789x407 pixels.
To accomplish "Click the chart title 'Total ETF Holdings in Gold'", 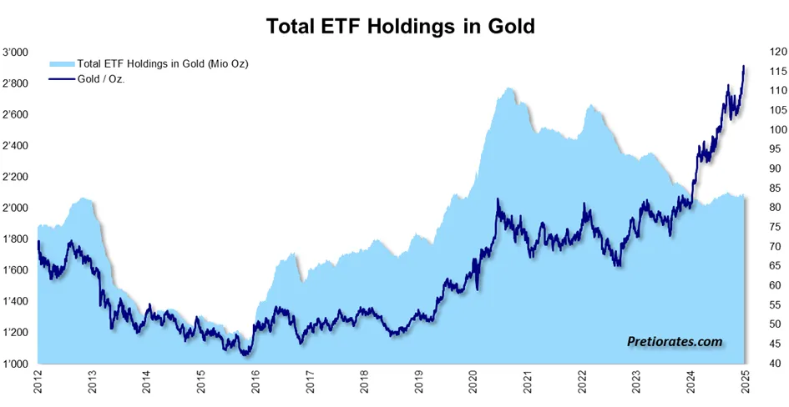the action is pos(400,26).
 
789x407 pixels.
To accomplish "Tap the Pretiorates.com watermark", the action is pos(675,342).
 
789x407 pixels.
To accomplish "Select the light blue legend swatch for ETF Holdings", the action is pos(63,64).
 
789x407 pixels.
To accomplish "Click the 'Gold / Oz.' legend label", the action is pos(101,78).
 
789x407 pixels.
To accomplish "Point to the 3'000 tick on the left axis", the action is pos(16,53).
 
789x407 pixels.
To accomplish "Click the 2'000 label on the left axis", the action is pos(16,208).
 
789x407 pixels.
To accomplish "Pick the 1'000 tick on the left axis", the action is pos(16,364).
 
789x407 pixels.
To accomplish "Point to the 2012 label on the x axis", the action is pos(38,382).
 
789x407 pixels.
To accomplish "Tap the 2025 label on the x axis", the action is pos(746,382).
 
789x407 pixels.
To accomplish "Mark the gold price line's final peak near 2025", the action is pos(744,66).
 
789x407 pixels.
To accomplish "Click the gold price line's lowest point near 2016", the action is pos(245,355).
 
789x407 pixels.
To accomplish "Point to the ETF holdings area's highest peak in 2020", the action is pos(509,88).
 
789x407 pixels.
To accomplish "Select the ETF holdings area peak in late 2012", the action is pos(84,198).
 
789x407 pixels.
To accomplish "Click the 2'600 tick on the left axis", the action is pos(16,114).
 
